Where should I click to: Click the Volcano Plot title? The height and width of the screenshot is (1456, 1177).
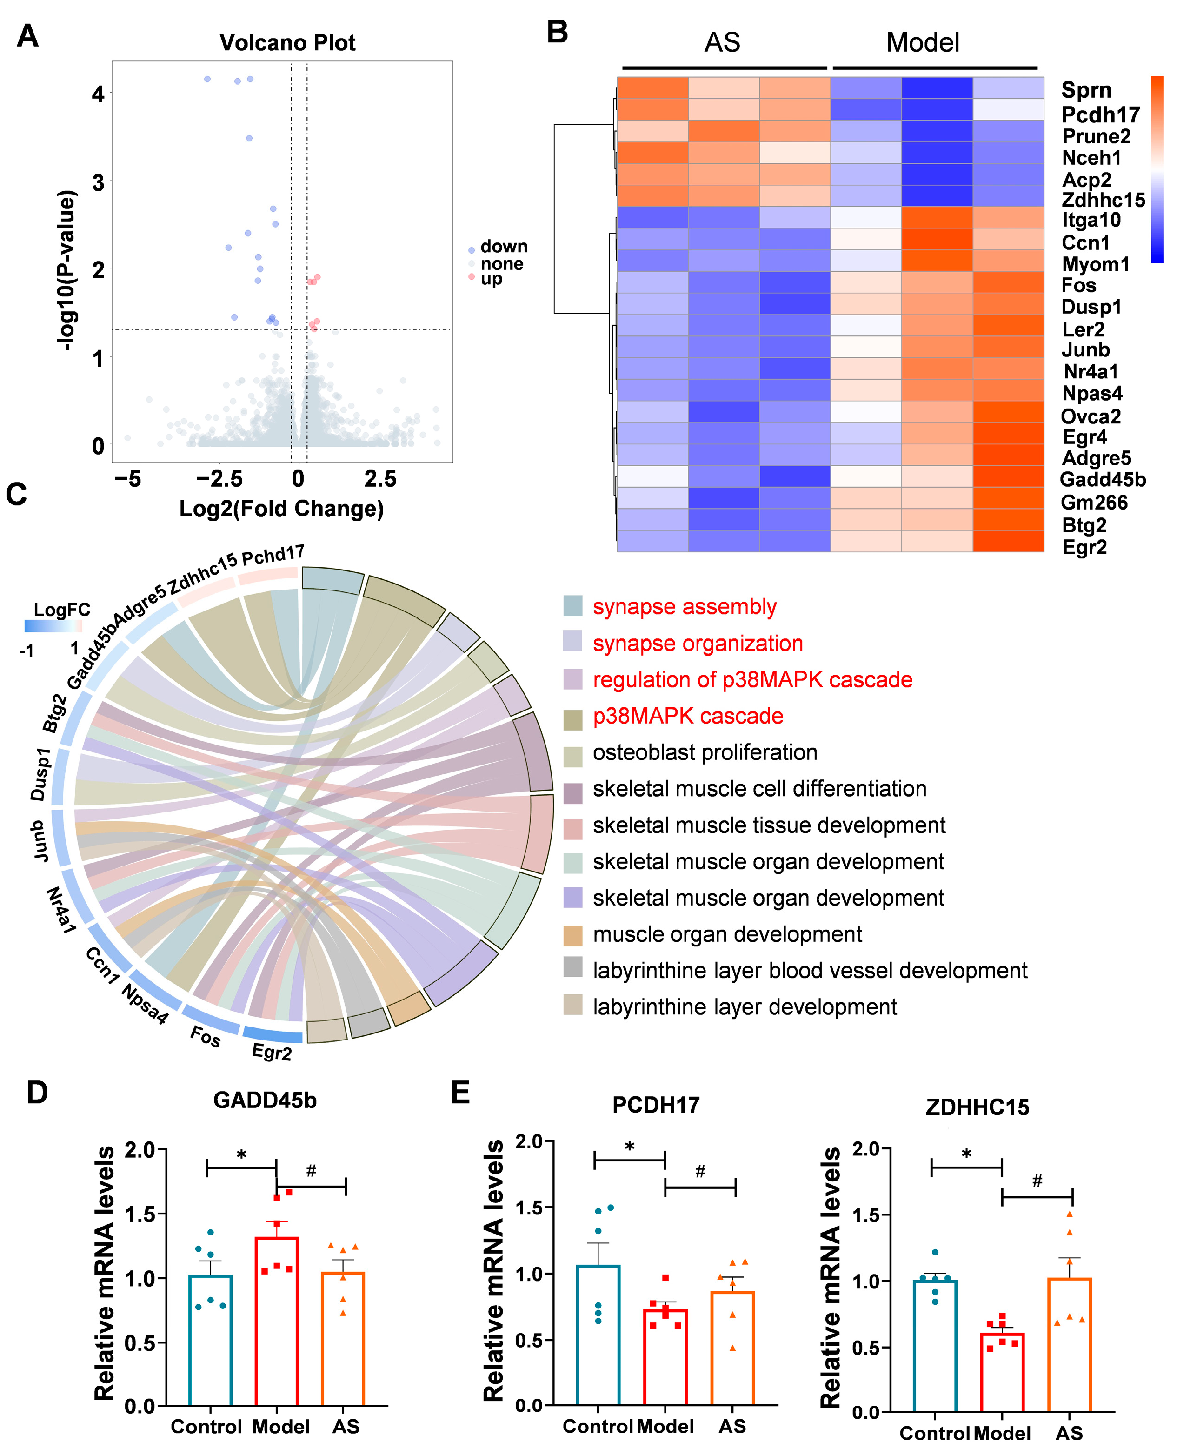coord(287,43)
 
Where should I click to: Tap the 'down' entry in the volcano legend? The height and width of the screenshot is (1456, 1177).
coord(503,246)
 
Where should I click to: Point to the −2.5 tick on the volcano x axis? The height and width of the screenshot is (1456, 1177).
coord(219,479)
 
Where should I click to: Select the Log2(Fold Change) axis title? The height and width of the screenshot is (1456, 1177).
coord(281,508)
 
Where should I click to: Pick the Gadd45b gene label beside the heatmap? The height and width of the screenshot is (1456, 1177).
coord(1103,480)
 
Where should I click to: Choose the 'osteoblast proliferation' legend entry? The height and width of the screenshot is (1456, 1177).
coord(705,752)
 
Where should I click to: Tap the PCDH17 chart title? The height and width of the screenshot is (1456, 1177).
coord(656,1105)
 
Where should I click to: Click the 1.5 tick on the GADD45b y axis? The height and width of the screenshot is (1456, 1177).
coord(141,1214)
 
